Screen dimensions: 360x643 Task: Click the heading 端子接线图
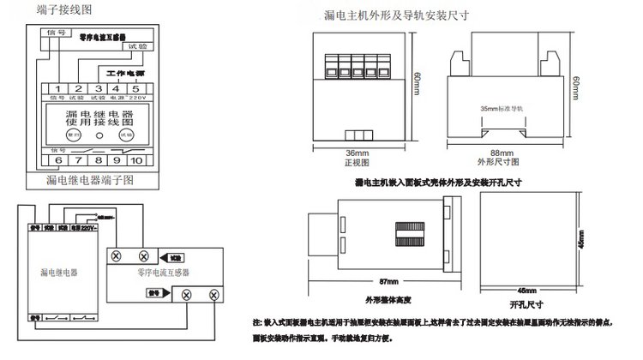[x=63, y=9]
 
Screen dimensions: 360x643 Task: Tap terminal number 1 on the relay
[x=56, y=87]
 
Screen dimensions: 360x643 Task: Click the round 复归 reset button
[x=73, y=135]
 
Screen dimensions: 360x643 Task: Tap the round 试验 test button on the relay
[x=126, y=135]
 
